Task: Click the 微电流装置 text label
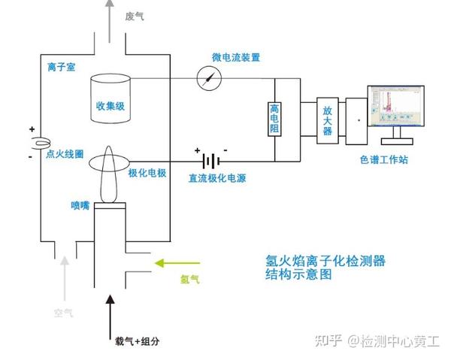[236, 57]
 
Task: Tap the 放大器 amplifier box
[327, 119]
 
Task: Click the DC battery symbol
[213, 161]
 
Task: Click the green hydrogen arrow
[177, 263]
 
